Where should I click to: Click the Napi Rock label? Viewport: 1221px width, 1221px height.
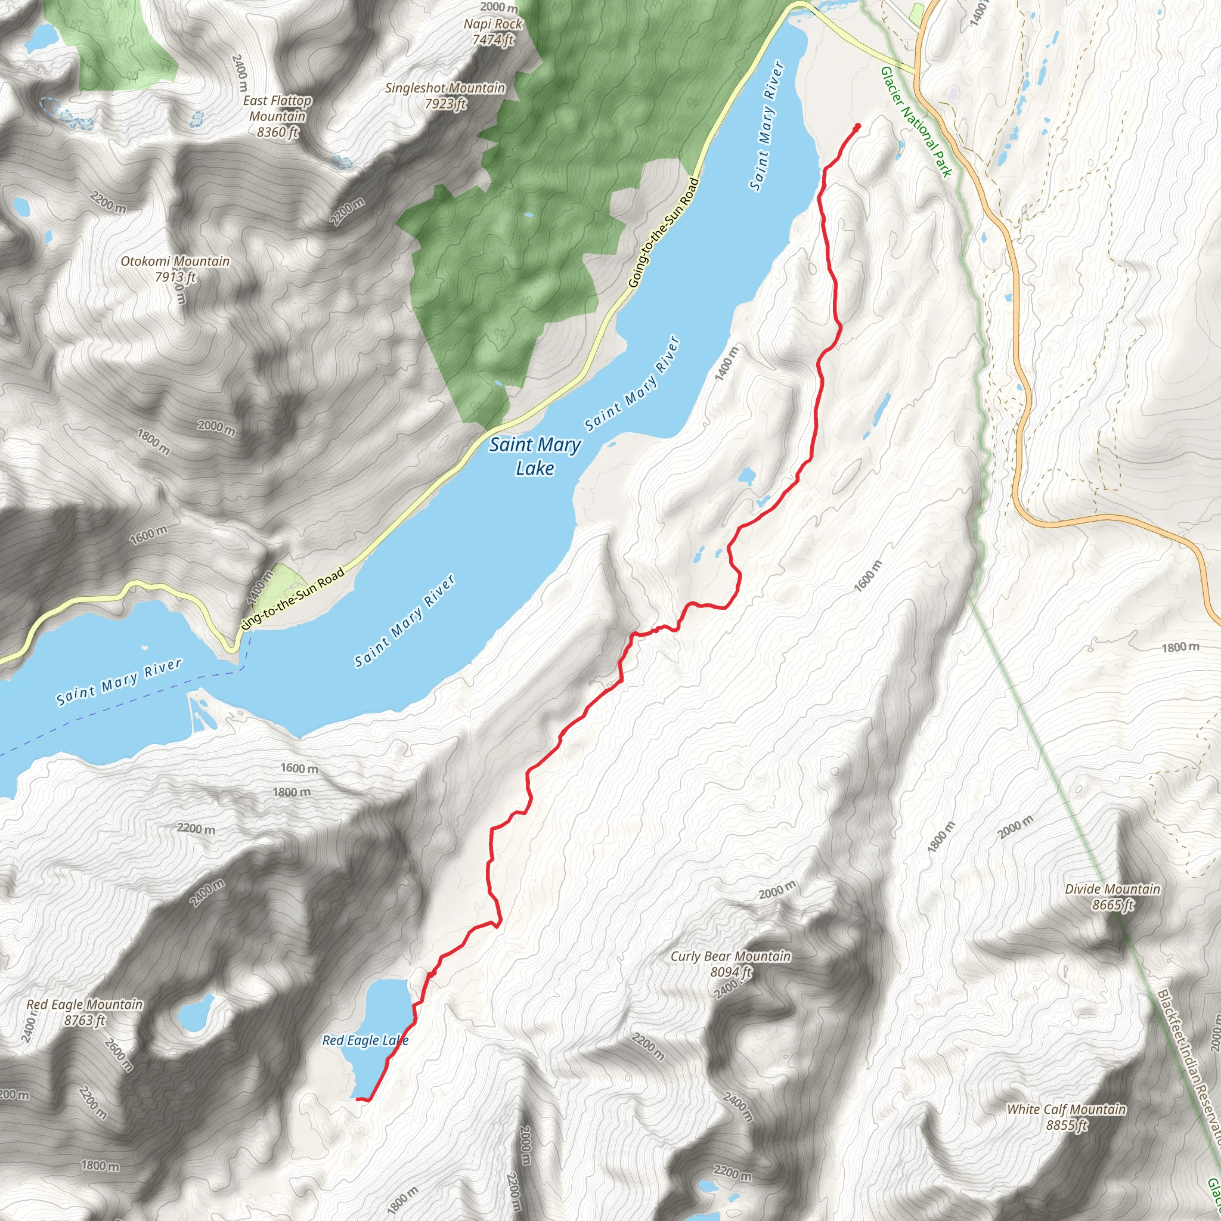tap(493, 24)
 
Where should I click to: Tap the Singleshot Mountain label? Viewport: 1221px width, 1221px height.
tap(445, 88)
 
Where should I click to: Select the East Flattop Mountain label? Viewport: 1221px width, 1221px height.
tap(277, 108)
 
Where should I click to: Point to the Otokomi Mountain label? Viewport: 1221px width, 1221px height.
tap(175, 261)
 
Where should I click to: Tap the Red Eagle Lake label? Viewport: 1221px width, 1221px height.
tap(365, 1040)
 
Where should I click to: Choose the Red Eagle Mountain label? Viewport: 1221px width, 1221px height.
tap(85, 1004)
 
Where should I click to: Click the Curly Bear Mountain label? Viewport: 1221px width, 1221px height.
tap(730, 956)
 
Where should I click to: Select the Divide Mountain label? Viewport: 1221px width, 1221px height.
tap(1112, 889)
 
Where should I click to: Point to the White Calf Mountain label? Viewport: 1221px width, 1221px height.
tap(1066, 1109)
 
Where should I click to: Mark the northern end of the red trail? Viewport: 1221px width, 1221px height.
tap(857, 126)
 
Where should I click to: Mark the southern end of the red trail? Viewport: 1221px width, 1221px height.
tap(358, 1099)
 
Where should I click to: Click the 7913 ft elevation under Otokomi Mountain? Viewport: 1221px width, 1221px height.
tap(175, 277)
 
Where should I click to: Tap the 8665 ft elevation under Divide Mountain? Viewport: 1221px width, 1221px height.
tap(1112, 905)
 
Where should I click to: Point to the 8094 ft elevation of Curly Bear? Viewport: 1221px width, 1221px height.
tap(730, 972)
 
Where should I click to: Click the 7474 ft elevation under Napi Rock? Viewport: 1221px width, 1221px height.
tap(493, 40)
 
